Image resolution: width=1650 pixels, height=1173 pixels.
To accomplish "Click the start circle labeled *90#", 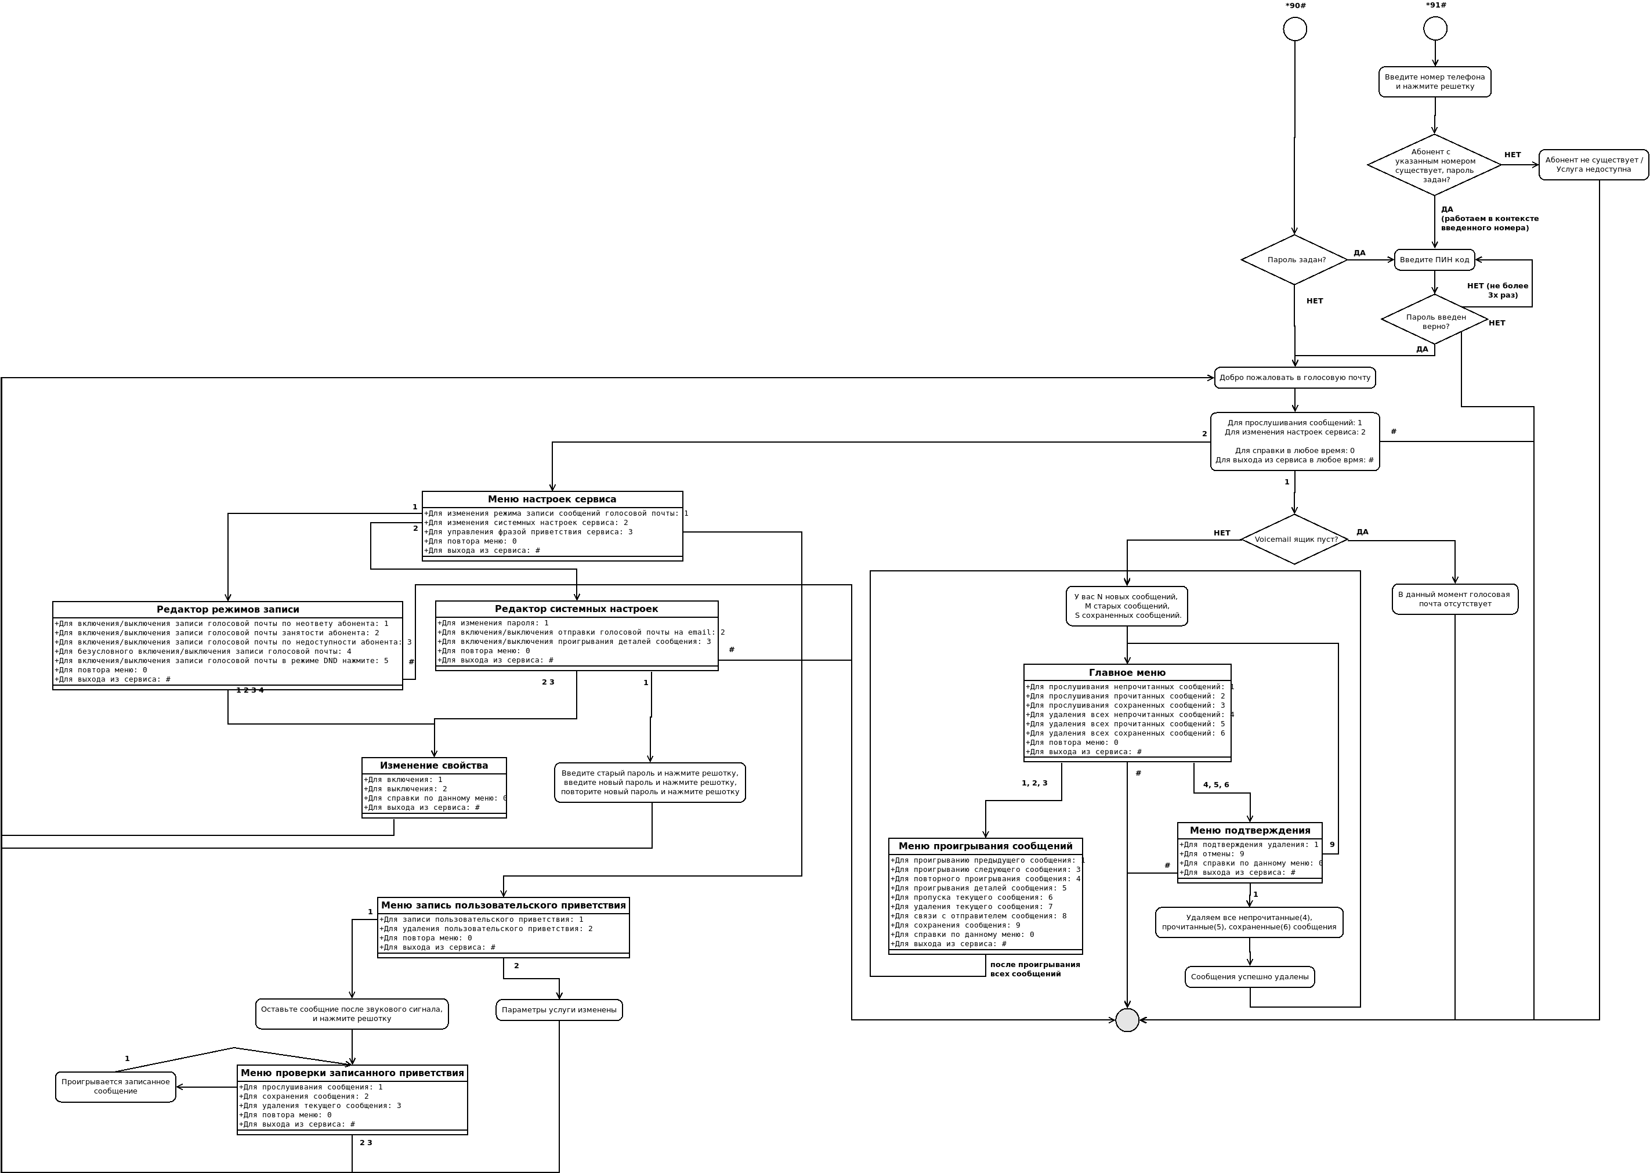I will [1294, 29].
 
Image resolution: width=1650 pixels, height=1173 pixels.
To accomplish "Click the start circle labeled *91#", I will [1435, 29].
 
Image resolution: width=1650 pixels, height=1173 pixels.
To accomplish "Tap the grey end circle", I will [1127, 1020].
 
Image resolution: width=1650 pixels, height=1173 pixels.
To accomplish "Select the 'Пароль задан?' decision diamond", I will [1294, 259].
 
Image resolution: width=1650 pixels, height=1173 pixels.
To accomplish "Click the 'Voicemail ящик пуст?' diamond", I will [1294, 540].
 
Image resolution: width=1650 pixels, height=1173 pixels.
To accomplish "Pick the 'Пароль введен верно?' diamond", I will [1435, 320].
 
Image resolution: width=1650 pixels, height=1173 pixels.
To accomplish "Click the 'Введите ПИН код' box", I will [1434, 260].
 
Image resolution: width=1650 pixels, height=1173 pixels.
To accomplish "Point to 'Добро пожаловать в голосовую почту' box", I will [1294, 378].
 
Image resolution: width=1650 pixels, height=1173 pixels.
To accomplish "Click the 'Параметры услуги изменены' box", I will [559, 1010].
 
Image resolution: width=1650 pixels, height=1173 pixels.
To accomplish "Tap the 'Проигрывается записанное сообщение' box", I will [115, 1087].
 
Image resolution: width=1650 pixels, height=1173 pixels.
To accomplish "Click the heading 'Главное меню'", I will [1127, 672].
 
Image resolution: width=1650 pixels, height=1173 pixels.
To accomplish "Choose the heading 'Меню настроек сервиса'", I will [552, 499].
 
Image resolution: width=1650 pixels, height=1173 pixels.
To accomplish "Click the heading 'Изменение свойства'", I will [434, 766].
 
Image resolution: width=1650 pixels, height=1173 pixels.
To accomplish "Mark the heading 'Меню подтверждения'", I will [1250, 831].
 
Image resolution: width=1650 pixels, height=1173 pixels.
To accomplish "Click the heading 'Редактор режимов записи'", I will [227, 610].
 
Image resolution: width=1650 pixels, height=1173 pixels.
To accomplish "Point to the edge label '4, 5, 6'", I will [1216, 785].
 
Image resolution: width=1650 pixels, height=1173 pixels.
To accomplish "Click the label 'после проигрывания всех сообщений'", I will [1034, 969].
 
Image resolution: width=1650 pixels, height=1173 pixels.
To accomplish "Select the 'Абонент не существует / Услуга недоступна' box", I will [1593, 165].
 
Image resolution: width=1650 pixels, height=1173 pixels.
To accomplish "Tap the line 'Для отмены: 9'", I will [1212, 854].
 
